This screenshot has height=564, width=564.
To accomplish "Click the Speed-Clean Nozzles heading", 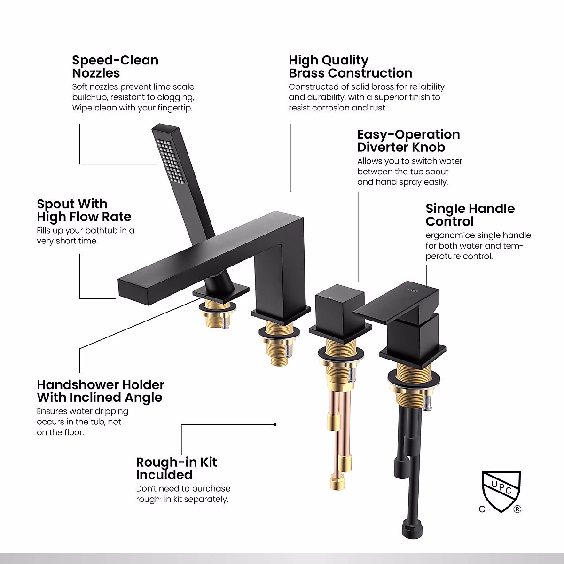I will click(115, 67).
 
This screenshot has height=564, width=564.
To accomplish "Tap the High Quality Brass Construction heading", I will click(350, 67).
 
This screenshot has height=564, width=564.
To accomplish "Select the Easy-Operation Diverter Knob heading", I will click(408, 141).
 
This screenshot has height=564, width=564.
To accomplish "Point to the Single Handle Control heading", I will click(470, 215).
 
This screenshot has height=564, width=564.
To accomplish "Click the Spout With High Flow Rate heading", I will click(84, 210).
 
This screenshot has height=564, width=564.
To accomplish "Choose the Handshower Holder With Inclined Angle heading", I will click(101, 391).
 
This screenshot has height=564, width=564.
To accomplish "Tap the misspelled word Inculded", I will click(164, 475).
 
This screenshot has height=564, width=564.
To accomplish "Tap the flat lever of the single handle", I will click(397, 303).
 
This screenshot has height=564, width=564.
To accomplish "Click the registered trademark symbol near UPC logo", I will click(517, 509).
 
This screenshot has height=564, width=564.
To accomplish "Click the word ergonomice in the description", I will click(448, 235).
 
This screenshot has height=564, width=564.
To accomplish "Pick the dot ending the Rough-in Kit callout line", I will click(275, 424).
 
